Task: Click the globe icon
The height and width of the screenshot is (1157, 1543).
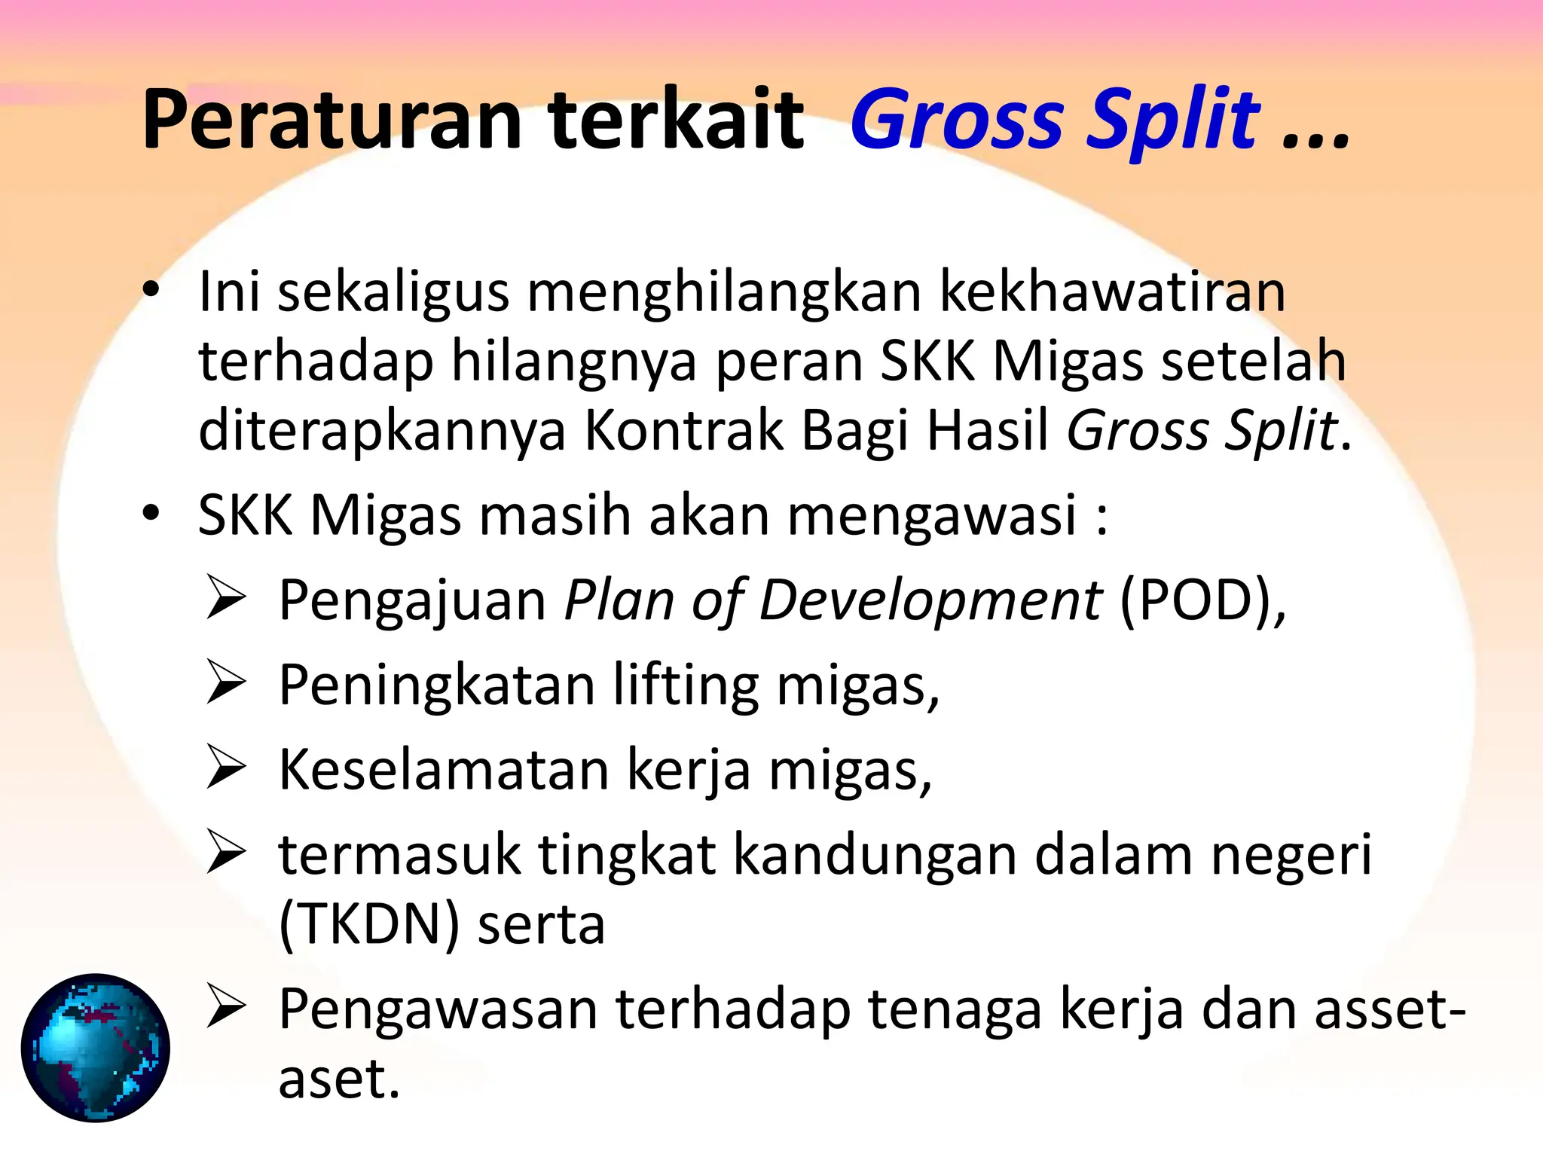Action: [96, 1048]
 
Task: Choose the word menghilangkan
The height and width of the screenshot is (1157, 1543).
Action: [724, 292]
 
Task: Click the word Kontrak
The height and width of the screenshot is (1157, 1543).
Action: [683, 431]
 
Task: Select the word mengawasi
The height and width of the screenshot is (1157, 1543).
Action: [932, 517]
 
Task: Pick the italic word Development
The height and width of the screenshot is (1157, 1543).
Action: [930, 601]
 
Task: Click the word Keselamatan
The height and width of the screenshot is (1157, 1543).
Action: [444, 770]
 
